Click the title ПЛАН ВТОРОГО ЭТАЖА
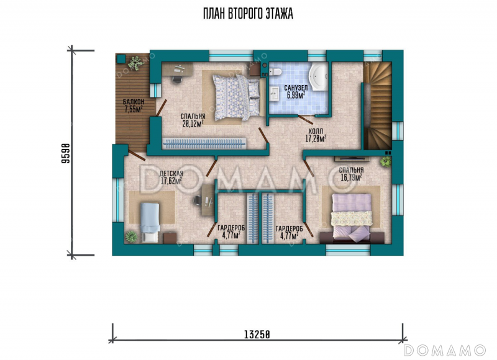point(248,14)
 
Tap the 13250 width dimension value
point(257,335)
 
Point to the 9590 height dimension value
point(65,153)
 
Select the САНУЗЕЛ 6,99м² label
point(296,91)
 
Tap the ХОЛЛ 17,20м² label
point(316,135)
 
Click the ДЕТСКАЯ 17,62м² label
point(171,178)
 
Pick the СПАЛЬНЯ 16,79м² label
point(351,174)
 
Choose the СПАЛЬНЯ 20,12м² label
point(193,120)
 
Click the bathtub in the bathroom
point(318,76)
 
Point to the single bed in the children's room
point(150,222)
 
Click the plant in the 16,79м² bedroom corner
point(385,162)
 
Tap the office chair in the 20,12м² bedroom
point(176,78)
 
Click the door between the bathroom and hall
point(306,119)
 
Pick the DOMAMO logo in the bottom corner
point(445,350)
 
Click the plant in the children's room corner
point(131,236)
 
